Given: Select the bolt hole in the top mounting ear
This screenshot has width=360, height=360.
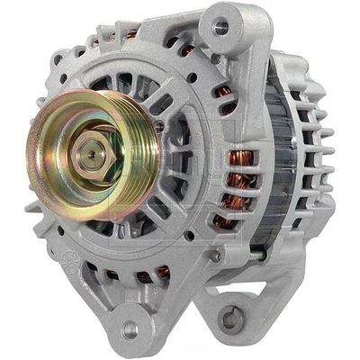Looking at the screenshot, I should click(x=219, y=28).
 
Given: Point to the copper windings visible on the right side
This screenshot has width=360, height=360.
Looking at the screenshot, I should click(x=239, y=175).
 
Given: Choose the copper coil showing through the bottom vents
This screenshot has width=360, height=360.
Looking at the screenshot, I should click(x=163, y=271).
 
